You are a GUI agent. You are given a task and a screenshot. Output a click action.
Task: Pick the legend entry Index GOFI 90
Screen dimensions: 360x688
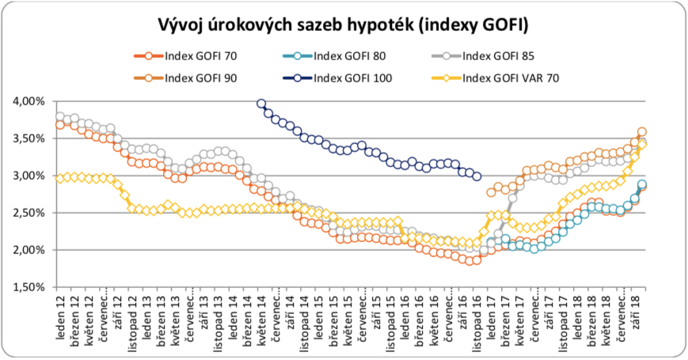(x=200, y=77)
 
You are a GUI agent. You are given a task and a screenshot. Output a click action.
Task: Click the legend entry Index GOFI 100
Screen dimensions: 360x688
(x=352, y=77)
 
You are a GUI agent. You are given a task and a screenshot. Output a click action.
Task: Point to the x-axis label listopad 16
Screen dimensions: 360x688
(x=477, y=321)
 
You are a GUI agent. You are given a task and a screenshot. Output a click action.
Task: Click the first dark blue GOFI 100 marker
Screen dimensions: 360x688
(x=262, y=104)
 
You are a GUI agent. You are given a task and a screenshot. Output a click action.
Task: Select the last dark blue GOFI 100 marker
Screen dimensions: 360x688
(x=477, y=176)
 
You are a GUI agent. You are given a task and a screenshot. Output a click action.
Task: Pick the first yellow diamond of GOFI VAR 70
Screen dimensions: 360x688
(x=60, y=178)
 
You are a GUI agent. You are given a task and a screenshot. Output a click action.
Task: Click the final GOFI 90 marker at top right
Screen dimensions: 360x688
(x=642, y=132)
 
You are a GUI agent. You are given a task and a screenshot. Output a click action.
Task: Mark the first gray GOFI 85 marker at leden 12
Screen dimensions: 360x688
(x=60, y=117)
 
